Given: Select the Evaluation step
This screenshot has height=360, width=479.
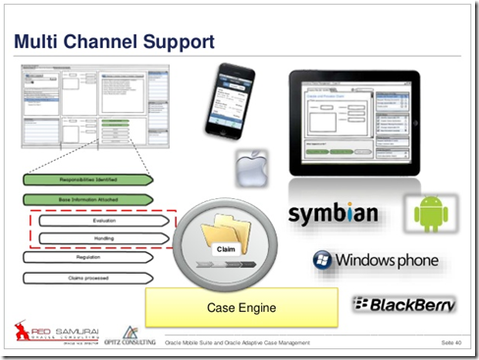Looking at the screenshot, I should pos(101,222).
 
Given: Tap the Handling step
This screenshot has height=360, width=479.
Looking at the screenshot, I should pos(101,238).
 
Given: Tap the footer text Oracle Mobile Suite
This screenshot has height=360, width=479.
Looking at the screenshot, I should pos(236,342).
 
